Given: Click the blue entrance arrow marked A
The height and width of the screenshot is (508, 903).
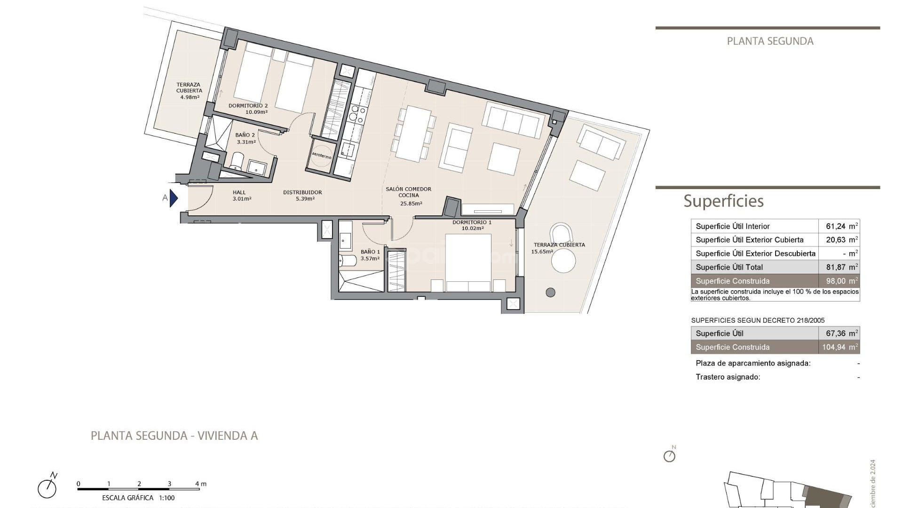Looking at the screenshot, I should coord(173,198).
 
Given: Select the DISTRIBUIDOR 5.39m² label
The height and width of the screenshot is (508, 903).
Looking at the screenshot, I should coord(302,195).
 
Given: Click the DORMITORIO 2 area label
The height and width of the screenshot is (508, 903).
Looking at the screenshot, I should coord(248,109).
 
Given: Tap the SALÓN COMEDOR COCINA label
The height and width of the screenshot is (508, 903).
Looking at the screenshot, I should coord(408,192).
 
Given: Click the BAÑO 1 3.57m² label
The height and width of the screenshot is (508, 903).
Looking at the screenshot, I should coord(370,255).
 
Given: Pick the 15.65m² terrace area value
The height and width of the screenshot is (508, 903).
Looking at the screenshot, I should coord(542,252).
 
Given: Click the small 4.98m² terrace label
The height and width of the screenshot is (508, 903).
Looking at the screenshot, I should coord(189,97).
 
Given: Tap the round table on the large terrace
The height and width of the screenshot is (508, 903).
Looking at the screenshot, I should coord(563,261).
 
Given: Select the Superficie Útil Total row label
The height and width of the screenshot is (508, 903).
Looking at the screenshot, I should coord(729,267).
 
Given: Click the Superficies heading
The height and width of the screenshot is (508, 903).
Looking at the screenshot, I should coord(723,201).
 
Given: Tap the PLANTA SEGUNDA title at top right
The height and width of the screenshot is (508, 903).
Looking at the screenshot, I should coord(770,41).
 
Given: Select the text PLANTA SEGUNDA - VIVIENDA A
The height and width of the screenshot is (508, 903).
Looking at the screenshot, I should coord(174,436).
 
